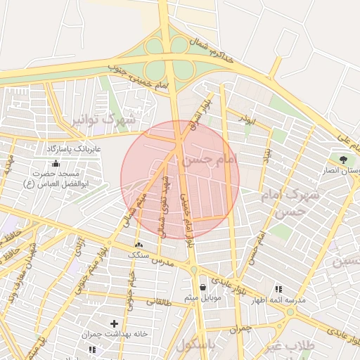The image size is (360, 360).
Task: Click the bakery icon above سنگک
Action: [138, 244]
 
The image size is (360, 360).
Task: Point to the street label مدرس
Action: [162, 261]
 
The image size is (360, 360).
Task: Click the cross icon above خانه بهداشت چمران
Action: [114, 323]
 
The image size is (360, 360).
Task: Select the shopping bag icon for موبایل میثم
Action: [203, 287]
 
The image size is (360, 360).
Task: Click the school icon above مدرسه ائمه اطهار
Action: [278, 288]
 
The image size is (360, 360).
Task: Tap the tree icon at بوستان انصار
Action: [343, 160]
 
